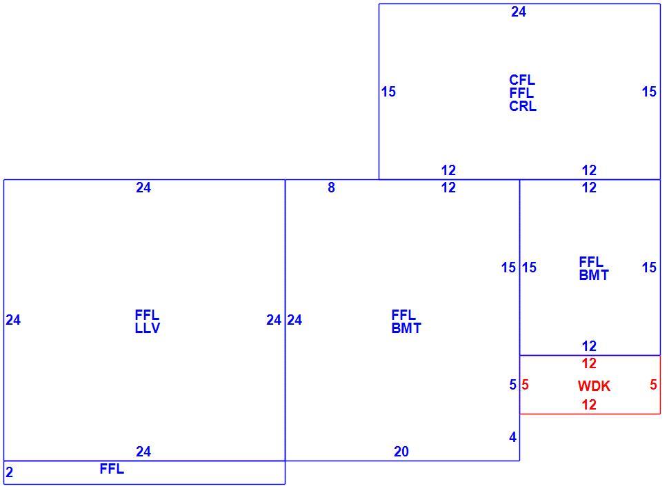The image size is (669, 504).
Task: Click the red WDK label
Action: click(x=594, y=386)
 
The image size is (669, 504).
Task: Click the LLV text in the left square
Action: click(x=148, y=328)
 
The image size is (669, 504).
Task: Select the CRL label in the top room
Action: click(x=523, y=106)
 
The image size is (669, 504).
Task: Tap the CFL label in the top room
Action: click(x=522, y=80)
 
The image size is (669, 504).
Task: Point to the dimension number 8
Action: click(x=332, y=188)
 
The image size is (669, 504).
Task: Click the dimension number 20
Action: click(x=401, y=451)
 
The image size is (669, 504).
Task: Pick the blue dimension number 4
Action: click(x=513, y=437)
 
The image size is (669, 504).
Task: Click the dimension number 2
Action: click(x=10, y=472)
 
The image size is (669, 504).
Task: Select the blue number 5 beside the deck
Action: click(x=513, y=385)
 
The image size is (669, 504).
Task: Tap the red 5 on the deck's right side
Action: click(x=653, y=385)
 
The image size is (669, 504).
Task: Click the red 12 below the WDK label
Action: click(x=589, y=405)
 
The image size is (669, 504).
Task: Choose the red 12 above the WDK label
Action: click(x=589, y=364)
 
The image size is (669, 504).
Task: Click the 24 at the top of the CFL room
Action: click(x=519, y=12)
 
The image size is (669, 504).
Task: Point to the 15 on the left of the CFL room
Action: click(x=388, y=92)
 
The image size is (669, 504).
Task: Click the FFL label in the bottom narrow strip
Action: click(x=112, y=469)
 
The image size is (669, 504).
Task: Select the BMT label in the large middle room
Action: click(x=406, y=328)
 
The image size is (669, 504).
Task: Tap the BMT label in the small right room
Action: click(x=594, y=276)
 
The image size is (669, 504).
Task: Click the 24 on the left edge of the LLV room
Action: click(x=13, y=320)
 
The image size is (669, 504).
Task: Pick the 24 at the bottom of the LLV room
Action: click(x=143, y=451)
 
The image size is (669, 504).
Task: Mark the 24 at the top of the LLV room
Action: click(x=143, y=188)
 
